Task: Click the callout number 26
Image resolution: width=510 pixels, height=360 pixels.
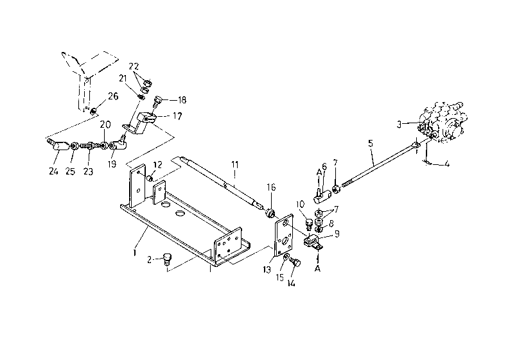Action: tap(113, 96)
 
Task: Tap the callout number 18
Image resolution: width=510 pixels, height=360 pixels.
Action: tap(182, 99)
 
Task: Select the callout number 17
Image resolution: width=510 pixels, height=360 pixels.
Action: tap(177, 116)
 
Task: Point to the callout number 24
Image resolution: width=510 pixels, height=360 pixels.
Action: tap(53, 171)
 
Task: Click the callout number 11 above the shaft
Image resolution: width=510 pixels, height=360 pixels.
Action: tap(235, 165)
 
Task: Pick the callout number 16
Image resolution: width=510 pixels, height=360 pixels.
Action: tap(271, 187)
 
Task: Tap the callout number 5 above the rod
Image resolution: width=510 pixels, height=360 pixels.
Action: tap(371, 143)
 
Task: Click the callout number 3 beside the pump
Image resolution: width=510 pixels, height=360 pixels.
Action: tap(399, 124)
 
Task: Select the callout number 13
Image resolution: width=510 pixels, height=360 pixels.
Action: tap(267, 270)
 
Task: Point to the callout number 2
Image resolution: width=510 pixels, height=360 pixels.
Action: tap(149, 260)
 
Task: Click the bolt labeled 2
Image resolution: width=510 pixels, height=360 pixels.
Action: tap(167, 258)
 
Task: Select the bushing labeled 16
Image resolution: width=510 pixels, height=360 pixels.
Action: tap(270, 213)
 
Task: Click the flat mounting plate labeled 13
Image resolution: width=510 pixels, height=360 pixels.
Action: tap(284, 237)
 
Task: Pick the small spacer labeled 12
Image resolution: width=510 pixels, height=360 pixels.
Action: tap(150, 178)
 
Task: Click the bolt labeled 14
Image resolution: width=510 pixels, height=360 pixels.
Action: tap(295, 262)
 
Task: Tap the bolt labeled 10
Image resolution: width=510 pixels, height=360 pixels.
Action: tap(308, 223)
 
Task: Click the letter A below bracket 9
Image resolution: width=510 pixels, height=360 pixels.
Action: tap(318, 269)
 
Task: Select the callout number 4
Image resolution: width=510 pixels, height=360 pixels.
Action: tap(447, 164)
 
